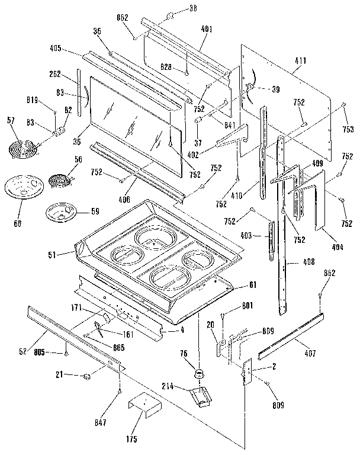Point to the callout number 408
(308, 262)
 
